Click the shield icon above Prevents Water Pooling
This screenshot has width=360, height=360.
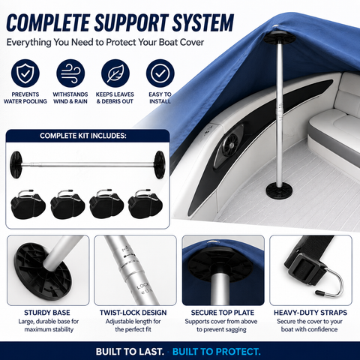pyautogui.click(x=25, y=73)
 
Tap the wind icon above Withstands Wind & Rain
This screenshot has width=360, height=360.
pyautogui.click(x=70, y=73)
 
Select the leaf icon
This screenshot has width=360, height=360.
pyautogui.click(x=115, y=73)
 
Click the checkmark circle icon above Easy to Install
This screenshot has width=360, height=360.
pyautogui.click(x=160, y=73)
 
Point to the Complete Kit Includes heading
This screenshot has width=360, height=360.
pyautogui.click(x=83, y=136)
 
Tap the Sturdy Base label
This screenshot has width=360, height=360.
pyautogui.click(x=47, y=313)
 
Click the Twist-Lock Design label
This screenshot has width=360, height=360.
pyautogui.click(x=133, y=313)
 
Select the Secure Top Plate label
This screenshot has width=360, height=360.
pyautogui.click(x=223, y=313)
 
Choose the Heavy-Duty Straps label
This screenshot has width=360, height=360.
pyautogui.click(x=310, y=313)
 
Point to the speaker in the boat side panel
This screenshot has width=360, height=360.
pyautogui.click(x=229, y=145)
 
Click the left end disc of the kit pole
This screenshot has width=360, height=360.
pyautogui.click(x=16, y=165)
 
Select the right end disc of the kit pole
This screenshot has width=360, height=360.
pyautogui.click(x=159, y=165)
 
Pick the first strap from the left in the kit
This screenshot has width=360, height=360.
pyautogui.click(x=28, y=204)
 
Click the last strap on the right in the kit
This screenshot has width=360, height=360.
pyautogui.click(x=145, y=204)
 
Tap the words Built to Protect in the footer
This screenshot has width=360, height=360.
pyautogui.click(x=217, y=352)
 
